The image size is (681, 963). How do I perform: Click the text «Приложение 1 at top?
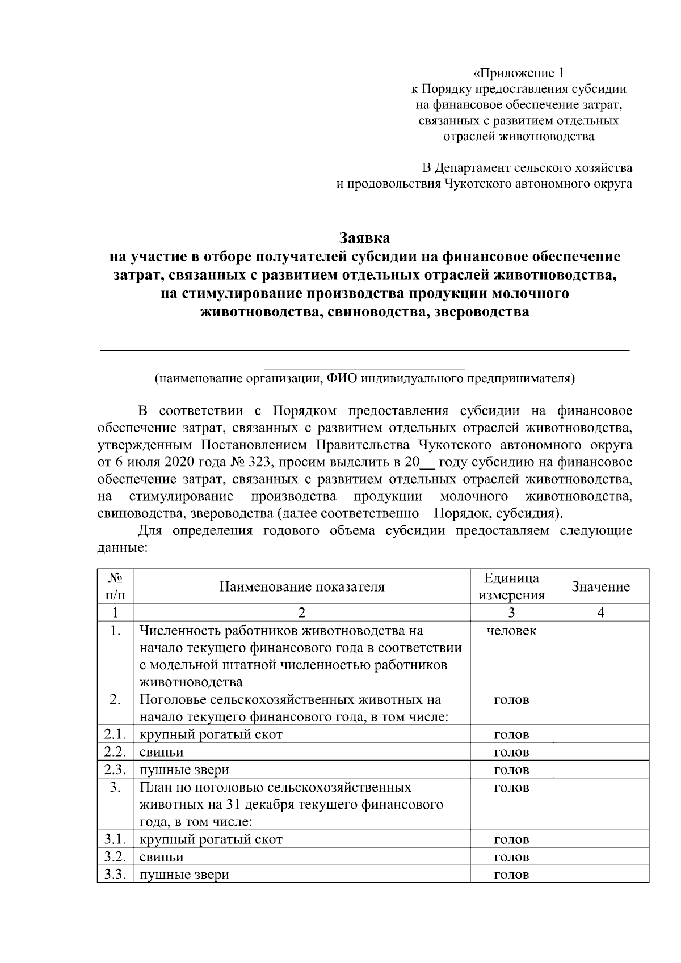(519, 73)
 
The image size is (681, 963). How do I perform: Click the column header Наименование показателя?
(302, 586)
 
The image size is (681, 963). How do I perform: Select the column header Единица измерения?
(511, 586)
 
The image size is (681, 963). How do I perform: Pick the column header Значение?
(600, 586)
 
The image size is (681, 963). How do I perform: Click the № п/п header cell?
(115, 586)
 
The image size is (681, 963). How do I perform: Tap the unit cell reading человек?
(511, 631)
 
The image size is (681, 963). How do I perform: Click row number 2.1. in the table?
(115, 734)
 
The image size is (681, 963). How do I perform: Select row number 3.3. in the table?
(115, 874)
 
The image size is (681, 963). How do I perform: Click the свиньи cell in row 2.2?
(162, 752)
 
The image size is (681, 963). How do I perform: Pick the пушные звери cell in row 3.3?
(184, 874)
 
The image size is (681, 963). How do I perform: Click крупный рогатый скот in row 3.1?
(211, 839)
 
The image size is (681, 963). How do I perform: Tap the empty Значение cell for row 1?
(600, 656)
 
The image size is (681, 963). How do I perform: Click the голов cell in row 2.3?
(511, 770)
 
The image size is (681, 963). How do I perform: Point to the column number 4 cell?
(600, 613)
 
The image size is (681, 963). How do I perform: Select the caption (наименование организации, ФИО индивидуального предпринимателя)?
(365, 379)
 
